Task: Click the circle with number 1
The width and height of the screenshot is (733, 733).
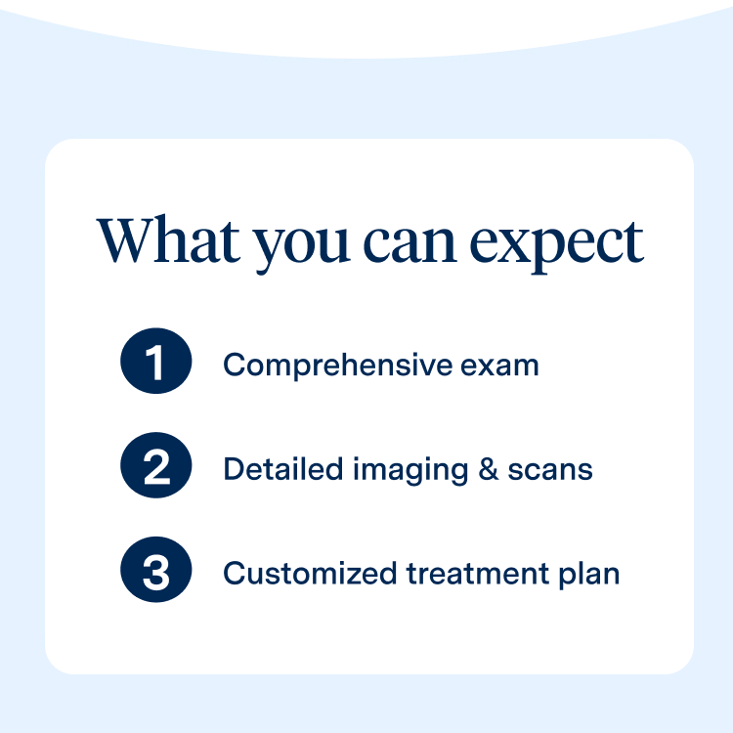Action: point(155,365)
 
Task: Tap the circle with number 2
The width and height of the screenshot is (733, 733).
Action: point(155,469)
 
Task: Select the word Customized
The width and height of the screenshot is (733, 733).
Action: point(300,574)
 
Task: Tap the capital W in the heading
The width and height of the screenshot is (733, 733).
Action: point(124,239)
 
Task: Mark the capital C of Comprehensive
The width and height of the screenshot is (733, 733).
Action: point(233,366)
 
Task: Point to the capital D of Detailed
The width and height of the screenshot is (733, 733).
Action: point(233,469)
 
